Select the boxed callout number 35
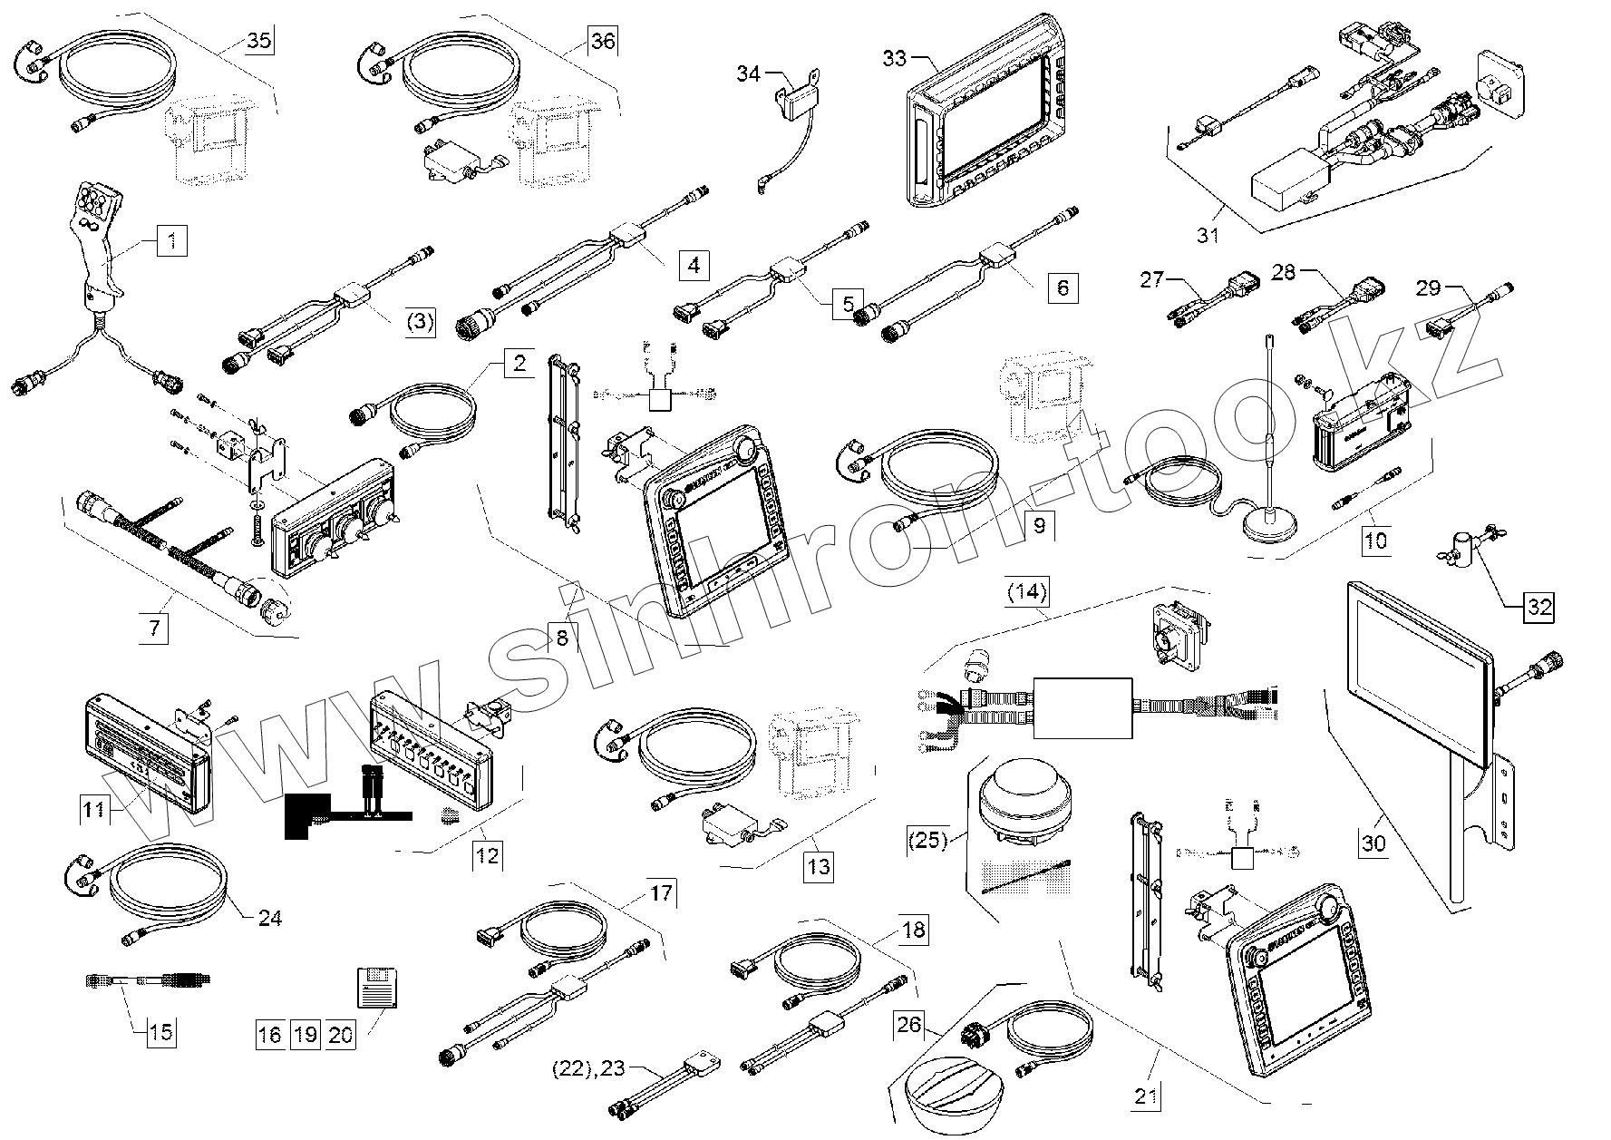click(259, 41)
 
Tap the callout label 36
click(603, 42)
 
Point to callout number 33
click(894, 59)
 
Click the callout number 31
click(1208, 236)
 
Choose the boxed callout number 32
click(1539, 607)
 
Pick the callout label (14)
click(1027, 594)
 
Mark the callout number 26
click(909, 1026)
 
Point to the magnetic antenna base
click(1267, 527)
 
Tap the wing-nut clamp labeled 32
click(1461, 556)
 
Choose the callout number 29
click(1428, 289)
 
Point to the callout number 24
click(270, 918)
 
